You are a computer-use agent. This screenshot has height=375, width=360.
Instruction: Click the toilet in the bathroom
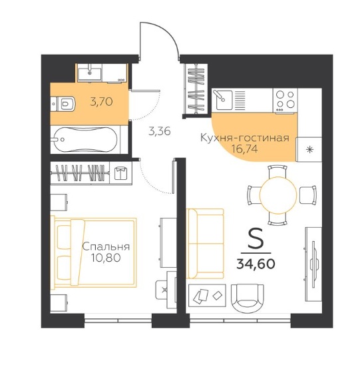point(63,104)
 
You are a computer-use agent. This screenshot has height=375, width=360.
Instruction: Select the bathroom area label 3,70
point(102,102)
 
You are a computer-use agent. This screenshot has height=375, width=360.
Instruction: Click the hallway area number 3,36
point(159,131)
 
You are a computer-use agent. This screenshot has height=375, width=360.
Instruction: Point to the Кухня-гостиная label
point(245,138)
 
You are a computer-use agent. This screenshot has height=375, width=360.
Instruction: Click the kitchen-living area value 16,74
point(245,149)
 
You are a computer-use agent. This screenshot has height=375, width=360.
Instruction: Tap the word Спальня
point(106,247)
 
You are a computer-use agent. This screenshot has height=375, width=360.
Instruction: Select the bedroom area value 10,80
point(106,258)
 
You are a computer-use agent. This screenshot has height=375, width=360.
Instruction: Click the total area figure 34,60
point(256,264)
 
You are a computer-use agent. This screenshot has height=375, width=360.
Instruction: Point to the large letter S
point(256,238)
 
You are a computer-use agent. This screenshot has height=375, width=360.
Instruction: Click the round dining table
point(278,195)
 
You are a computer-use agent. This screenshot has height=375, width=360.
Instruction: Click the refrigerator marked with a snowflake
point(309,149)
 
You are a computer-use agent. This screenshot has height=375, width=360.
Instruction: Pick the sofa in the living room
point(206,244)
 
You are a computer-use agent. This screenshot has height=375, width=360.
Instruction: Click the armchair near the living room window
point(248,298)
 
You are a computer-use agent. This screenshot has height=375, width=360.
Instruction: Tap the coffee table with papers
point(207,296)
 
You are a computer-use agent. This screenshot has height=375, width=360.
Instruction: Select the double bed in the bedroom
point(94,252)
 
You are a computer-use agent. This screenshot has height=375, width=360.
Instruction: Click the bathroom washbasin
point(90,73)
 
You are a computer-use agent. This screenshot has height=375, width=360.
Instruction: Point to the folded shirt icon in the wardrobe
point(121,173)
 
